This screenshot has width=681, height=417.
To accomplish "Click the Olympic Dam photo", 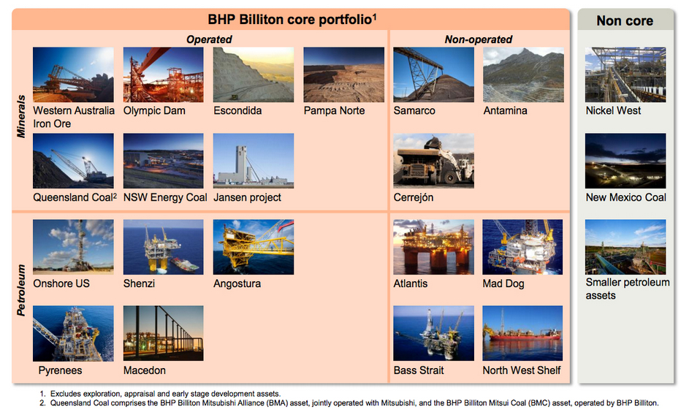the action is [163, 74].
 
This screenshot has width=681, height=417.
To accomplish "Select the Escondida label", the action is [237, 111].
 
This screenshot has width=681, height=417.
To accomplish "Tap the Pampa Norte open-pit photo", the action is [343, 74].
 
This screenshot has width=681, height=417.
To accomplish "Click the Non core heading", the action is [625, 20].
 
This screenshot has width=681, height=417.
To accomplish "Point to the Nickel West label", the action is [613, 111].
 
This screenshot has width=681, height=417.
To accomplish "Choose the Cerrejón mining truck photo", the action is [433, 161].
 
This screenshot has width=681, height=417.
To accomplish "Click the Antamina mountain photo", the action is [523, 74].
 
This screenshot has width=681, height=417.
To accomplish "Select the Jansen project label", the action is [247, 197].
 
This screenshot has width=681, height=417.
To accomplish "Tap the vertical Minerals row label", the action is [21, 116].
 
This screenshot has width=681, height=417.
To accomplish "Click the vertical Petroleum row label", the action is [21, 290].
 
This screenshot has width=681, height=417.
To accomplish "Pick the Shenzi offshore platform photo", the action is [163, 247].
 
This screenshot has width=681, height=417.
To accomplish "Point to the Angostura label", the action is [237, 284].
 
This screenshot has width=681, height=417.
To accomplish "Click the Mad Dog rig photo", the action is [522, 247].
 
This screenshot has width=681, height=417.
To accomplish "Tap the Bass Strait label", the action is [419, 370].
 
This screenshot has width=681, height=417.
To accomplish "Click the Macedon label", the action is [145, 370].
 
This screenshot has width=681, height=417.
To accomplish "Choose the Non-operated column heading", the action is [478, 39].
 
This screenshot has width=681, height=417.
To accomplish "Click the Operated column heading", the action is [209, 39].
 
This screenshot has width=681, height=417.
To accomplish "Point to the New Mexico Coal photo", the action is [625, 161].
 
